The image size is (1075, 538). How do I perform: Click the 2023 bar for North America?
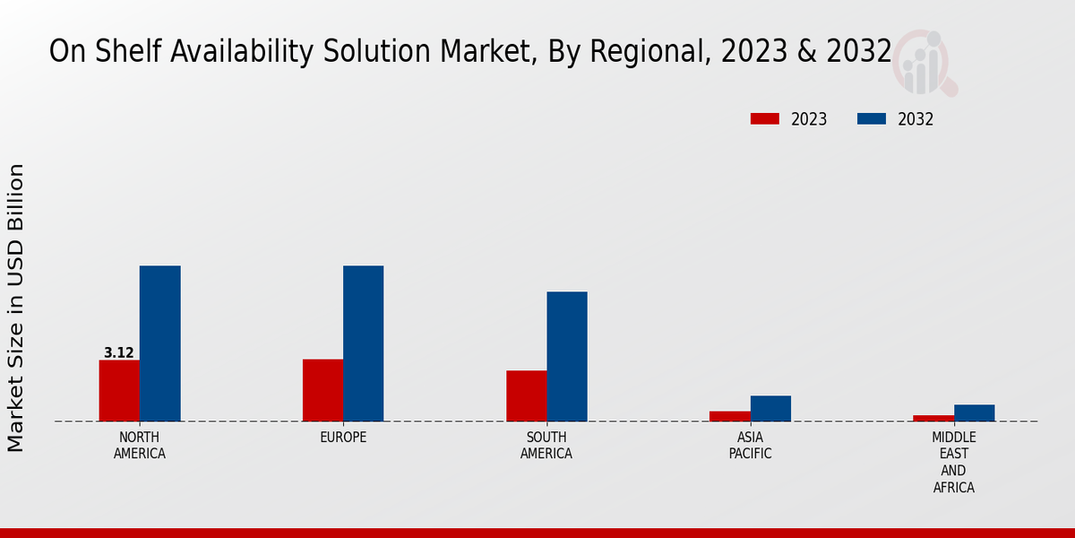coord(119,391)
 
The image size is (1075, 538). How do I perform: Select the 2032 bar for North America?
coord(159,343)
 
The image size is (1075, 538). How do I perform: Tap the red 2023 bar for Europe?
coord(322,390)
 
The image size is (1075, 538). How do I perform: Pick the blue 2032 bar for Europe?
coord(363,343)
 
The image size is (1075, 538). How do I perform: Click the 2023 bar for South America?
coord(526,395)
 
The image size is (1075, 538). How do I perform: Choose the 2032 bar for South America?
coord(567,356)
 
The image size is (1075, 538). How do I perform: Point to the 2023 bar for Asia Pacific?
coord(729,416)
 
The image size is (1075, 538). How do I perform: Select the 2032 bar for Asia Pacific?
coord(770,408)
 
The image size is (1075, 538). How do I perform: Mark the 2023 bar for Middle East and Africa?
coord(933,418)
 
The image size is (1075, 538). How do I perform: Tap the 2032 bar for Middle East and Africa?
coord(974,412)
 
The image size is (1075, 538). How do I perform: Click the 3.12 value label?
coord(118,353)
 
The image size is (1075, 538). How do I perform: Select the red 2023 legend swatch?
coord(765,119)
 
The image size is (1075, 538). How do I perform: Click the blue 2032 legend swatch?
coord(872,119)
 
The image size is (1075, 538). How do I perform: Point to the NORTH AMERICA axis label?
coord(140,446)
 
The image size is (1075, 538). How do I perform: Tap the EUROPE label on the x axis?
coord(343,438)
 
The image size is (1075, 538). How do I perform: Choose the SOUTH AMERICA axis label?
coord(546,446)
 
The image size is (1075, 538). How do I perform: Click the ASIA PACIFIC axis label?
coord(750,446)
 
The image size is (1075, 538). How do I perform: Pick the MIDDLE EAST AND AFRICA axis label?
coord(953,463)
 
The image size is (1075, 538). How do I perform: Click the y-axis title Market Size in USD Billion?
coord(17,308)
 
